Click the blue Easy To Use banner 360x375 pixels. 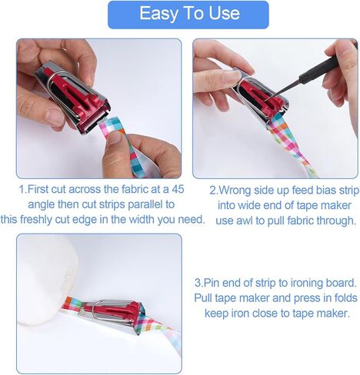coord(188,15)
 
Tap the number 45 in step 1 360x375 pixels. coord(178,189)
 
